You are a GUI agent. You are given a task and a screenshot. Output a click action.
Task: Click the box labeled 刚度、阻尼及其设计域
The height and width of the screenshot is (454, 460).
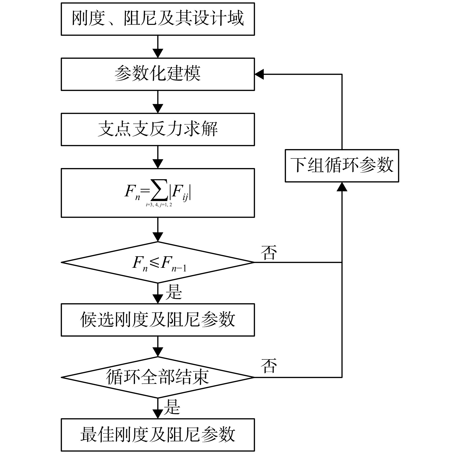[158, 19]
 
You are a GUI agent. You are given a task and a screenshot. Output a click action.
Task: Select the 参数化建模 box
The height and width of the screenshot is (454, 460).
[158, 74]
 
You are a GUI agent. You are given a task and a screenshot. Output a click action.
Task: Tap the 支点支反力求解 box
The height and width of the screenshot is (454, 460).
[158, 129]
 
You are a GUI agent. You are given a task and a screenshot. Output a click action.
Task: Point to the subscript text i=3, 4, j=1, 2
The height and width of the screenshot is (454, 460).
[159, 205]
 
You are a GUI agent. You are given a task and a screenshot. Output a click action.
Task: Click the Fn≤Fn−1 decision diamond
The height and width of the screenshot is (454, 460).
[158, 262]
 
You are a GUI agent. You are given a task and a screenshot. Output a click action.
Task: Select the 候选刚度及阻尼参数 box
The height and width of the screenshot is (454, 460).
[158, 320]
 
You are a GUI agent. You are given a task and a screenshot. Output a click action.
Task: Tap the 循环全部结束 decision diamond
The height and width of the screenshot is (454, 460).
[158, 377]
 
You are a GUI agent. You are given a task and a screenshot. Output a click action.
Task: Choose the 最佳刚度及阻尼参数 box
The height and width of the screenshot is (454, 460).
[158, 435]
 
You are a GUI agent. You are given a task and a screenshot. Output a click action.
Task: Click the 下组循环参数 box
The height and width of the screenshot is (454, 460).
[342, 166]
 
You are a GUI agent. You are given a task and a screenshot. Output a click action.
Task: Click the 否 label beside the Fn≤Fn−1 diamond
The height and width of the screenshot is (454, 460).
[269, 252]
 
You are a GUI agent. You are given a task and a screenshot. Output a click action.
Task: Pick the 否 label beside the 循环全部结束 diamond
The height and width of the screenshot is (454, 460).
[269, 366]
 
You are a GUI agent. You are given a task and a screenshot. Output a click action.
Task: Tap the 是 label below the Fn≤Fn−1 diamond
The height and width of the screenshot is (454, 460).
[174, 292]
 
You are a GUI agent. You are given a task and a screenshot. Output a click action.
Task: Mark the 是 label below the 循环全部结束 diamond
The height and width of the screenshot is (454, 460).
[172, 407]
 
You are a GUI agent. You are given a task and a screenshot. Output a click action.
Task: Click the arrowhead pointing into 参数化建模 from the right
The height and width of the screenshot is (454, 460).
[259, 74]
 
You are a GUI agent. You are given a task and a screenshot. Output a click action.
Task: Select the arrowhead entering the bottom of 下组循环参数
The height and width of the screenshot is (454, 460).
[342, 187]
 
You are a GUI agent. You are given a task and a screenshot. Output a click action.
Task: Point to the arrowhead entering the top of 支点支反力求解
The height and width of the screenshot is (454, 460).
[158, 109]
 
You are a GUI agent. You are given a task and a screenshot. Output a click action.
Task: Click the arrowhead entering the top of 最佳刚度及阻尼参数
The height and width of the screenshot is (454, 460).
[158, 414]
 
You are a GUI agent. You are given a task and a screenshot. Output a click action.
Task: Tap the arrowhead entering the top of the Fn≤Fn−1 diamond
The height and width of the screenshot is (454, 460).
[158, 237]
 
